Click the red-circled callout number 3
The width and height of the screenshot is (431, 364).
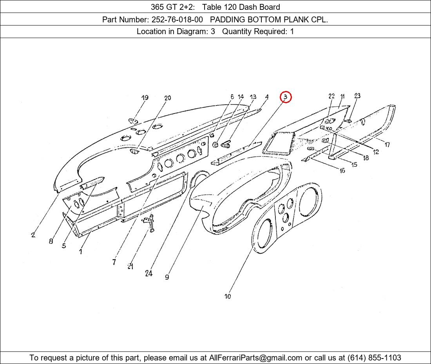click(x=286, y=97)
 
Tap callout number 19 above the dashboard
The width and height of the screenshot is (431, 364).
click(x=145, y=98)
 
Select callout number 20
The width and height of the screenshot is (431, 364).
click(x=167, y=98)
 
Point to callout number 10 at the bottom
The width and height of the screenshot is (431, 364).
click(x=228, y=296)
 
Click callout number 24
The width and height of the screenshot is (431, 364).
click(x=149, y=273)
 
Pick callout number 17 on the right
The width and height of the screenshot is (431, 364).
click(x=387, y=145)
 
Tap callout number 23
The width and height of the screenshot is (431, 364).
click(x=357, y=96)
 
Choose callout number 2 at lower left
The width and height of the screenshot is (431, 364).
click(x=33, y=235)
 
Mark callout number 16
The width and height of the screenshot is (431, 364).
click(x=342, y=171)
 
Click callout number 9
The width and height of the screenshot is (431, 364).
click(x=167, y=277)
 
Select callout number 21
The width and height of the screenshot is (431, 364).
click(x=130, y=266)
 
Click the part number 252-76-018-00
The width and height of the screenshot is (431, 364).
click(x=177, y=20)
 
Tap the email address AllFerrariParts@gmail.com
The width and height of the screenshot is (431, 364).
click(x=255, y=358)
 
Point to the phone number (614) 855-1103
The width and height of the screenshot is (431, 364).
click(x=374, y=358)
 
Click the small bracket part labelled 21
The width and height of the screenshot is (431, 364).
click(x=149, y=222)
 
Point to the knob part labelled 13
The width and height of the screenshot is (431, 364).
click(x=226, y=144)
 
